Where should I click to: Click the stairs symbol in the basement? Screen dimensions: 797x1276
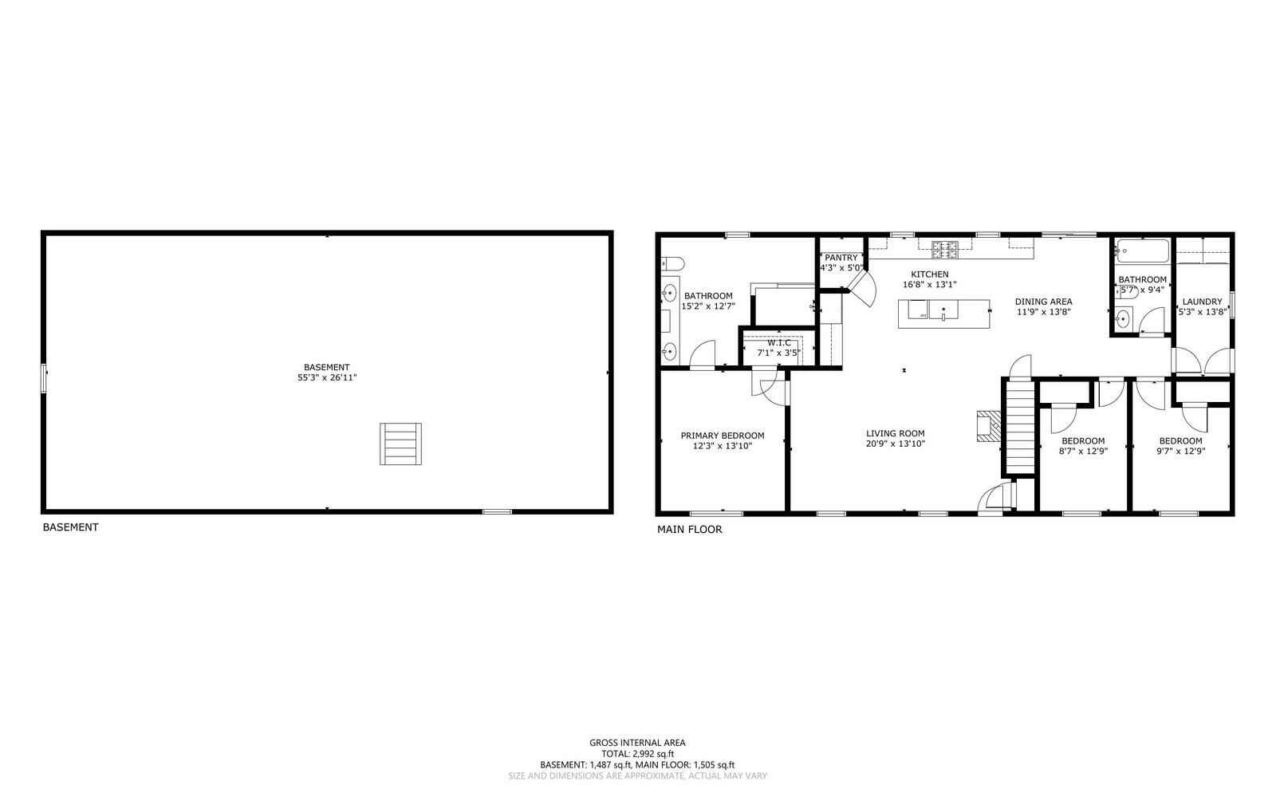click(x=400, y=444)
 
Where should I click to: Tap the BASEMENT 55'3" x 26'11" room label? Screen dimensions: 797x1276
click(x=327, y=373)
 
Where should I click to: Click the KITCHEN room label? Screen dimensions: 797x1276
click(x=930, y=274)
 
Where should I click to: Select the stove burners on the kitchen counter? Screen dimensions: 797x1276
click(x=946, y=250)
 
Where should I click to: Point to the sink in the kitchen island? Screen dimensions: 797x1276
click(x=943, y=311)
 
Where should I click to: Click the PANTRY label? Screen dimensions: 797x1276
click(x=841, y=258)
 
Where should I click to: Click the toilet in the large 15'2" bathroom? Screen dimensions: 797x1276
click(x=672, y=263)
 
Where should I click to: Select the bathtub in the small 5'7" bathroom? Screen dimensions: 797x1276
click(x=1142, y=251)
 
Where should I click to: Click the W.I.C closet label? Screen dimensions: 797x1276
click(x=779, y=343)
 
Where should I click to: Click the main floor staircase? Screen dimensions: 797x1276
click(x=1019, y=427)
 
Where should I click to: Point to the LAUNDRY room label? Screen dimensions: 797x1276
click(x=1202, y=302)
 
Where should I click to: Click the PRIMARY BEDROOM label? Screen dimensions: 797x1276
click(x=723, y=436)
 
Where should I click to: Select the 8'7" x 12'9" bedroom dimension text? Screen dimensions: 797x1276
click(x=1082, y=451)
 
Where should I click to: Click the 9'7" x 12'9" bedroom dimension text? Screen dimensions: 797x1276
click(x=1180, y=451)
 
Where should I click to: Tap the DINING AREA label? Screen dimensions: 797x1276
click(x=1043, y=302)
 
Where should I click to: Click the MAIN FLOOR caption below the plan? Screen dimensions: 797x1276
click(x=689, y=529)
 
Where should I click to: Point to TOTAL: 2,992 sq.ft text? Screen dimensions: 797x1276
click(x=637, y=753)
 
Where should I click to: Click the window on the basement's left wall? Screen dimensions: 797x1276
click(x=45, y=377)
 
